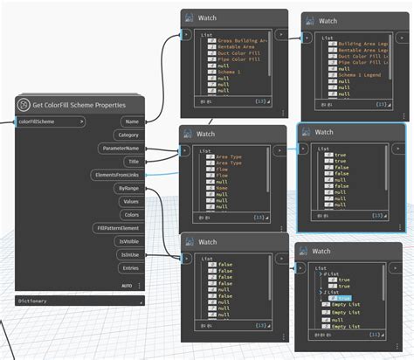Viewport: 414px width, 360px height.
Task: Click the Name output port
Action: click(132, 121)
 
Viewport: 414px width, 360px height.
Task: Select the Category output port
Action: click(128, 135)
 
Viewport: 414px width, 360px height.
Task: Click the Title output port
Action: click(133, 162)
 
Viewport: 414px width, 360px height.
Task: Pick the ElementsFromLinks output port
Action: click(118, 175)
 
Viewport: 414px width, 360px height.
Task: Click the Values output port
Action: click(130, 201)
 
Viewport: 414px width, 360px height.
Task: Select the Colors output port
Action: click(130, 214)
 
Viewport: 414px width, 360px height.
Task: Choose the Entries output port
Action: click(130, 267)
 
